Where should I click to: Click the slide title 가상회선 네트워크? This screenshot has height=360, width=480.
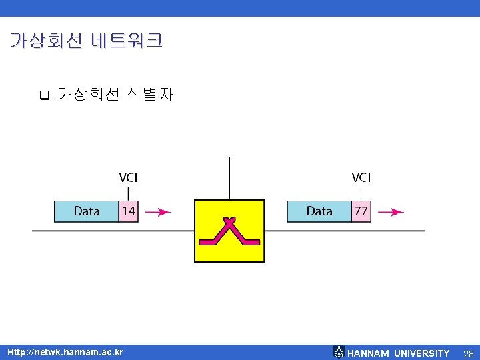(86, 41)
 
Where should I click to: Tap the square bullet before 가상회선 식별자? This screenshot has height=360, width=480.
(45, 95)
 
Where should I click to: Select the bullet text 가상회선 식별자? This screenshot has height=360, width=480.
(115, 95)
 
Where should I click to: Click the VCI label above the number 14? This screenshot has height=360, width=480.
(128, 177)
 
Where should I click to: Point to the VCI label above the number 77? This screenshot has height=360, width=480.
(361, 177)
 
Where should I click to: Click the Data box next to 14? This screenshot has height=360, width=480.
(87, 211)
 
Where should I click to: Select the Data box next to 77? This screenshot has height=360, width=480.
(319, 211)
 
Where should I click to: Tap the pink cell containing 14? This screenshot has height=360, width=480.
(129, 211)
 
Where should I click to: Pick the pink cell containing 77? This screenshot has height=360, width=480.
(361, 211)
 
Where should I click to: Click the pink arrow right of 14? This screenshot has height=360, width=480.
(158, 212)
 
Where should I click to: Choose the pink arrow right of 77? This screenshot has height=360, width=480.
(391, 212)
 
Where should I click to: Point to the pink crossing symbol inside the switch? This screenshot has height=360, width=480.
(229, 231)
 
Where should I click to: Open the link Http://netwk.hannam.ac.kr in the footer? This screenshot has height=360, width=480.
(65, 352)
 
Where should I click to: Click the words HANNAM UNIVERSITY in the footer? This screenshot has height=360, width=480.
(399, 353)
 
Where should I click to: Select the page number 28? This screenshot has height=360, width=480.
(468, 353)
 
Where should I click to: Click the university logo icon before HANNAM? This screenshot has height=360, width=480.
(339, 352)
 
